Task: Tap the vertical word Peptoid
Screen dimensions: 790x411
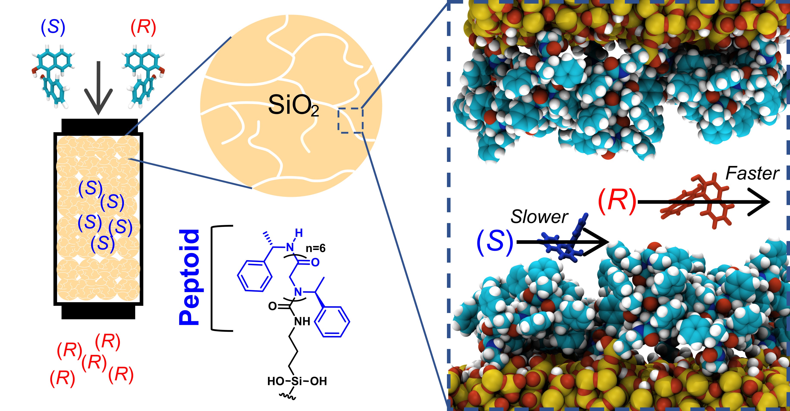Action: tap(190, 277)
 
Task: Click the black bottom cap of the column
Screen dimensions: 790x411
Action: tap(99, 312)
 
